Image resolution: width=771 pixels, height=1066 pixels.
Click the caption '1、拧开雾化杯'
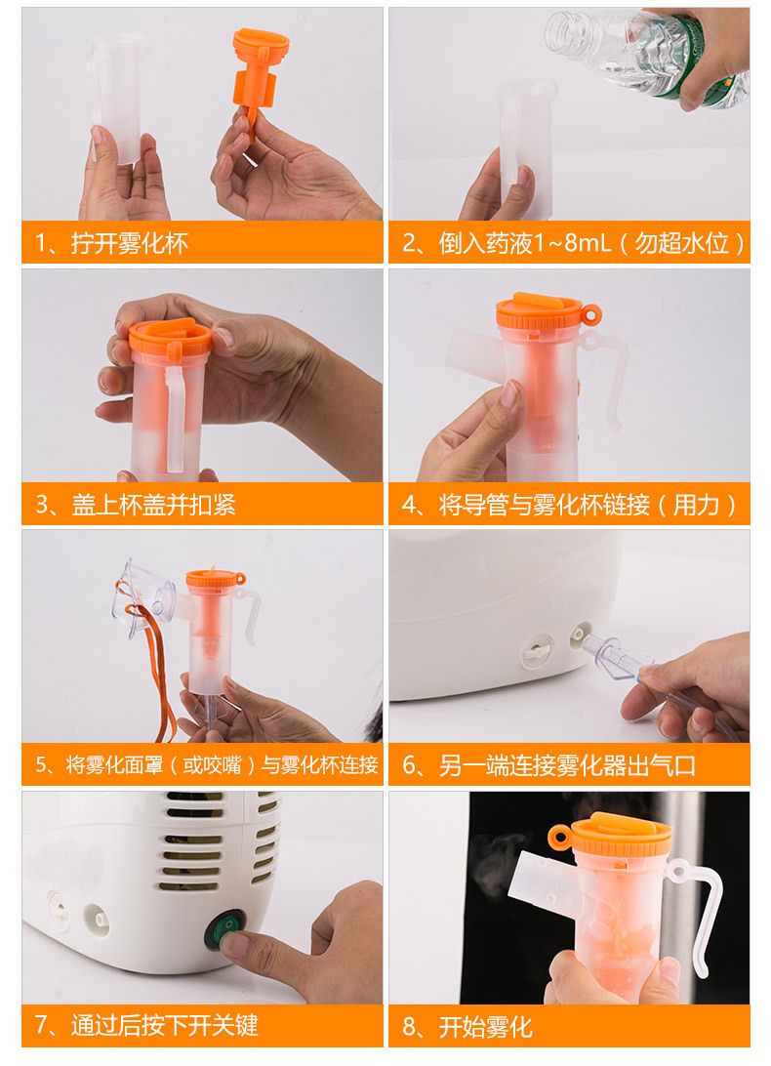click(111, 243)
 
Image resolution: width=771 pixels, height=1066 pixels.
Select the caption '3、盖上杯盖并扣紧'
click(136, 505)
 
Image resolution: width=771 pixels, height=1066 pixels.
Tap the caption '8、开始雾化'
click(467, 1026)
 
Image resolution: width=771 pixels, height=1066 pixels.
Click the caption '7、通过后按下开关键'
click(146, 1025)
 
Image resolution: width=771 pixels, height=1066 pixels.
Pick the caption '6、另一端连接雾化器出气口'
click(548, 765)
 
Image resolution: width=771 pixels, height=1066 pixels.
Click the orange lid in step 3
click(170, 338)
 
